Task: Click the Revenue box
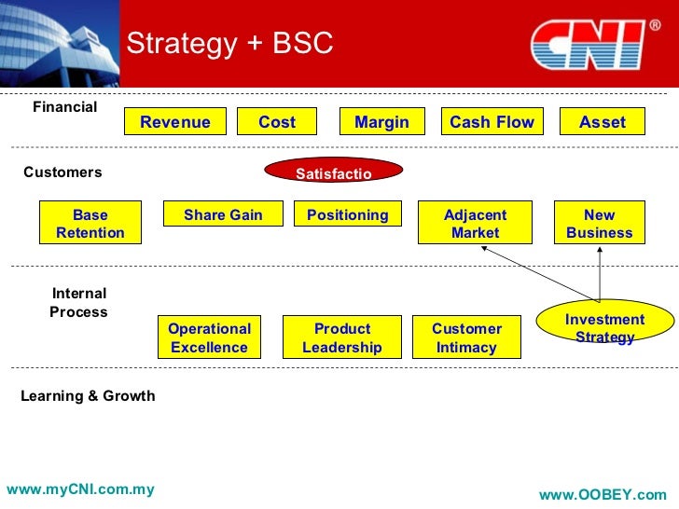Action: tap(175, 122)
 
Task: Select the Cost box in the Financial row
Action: tap(276, 122)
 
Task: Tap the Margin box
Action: tap(381, 122)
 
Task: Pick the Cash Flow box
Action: tap(492, 122)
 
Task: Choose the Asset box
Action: tap(602, 122)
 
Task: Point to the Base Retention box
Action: tap(90, 224)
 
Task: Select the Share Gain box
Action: tap(223, 215)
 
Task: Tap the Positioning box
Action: tap(347, 215)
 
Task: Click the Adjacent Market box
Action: tap(475, 224)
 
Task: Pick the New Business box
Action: tap(599, 224)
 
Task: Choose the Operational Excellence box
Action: tap(209, 337)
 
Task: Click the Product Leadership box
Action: tap(342, 337)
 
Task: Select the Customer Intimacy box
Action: tap(466, 337)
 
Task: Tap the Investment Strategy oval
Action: tap(604, 327)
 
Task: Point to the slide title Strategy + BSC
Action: tap(229, 44)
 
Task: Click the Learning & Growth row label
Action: tap(88, 396)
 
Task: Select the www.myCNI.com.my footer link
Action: tap(80, 489)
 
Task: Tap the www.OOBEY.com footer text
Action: tap(603, 495)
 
